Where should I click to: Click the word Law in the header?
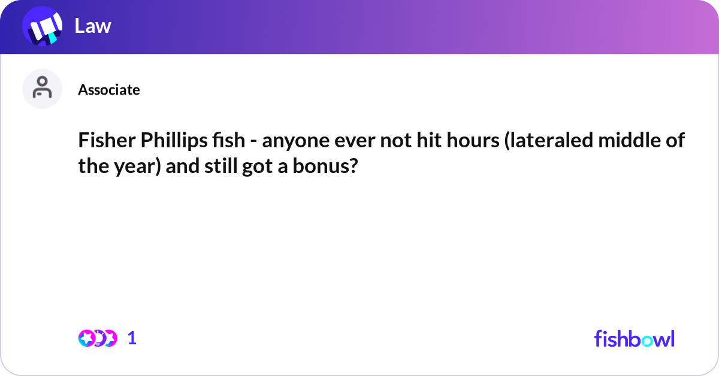(x=93, y=26)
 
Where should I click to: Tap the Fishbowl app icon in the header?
(x=43, y=26)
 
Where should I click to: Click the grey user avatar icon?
(x=42, y=89)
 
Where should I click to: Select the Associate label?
(x=109, y=90)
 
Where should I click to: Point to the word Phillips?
(x=160, y=141)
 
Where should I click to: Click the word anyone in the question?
(x=289, y=141)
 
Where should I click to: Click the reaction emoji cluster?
(x=98, y=338)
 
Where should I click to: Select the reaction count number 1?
(x=132, y=338)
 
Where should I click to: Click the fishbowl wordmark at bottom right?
(x=634, y=338)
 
